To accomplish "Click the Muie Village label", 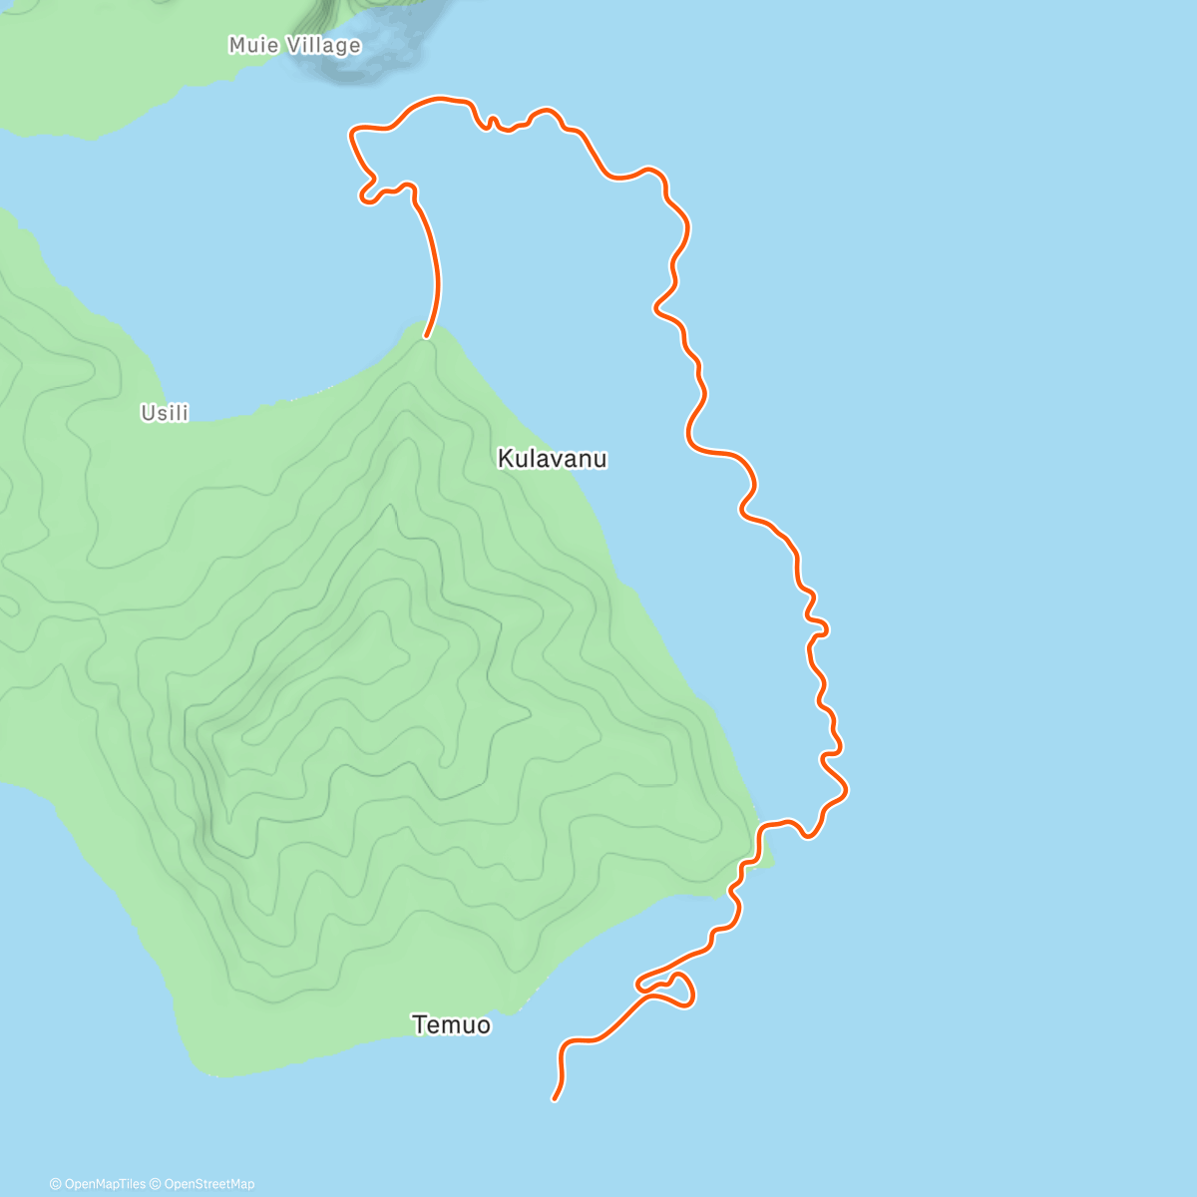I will point(294,45).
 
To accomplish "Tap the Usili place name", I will point(165,413).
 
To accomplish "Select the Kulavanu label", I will point(552,459).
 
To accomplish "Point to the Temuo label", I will point(451,1024).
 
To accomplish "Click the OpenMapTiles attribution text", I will point(104,1184).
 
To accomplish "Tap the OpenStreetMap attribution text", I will point(208,1184).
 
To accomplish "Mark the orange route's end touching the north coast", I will point(427,336).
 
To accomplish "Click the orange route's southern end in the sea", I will point(555,1099).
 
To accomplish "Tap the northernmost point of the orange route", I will point(439,98).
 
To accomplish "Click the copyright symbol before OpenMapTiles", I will point(55,1184).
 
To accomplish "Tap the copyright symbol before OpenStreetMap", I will point(155,1184).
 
